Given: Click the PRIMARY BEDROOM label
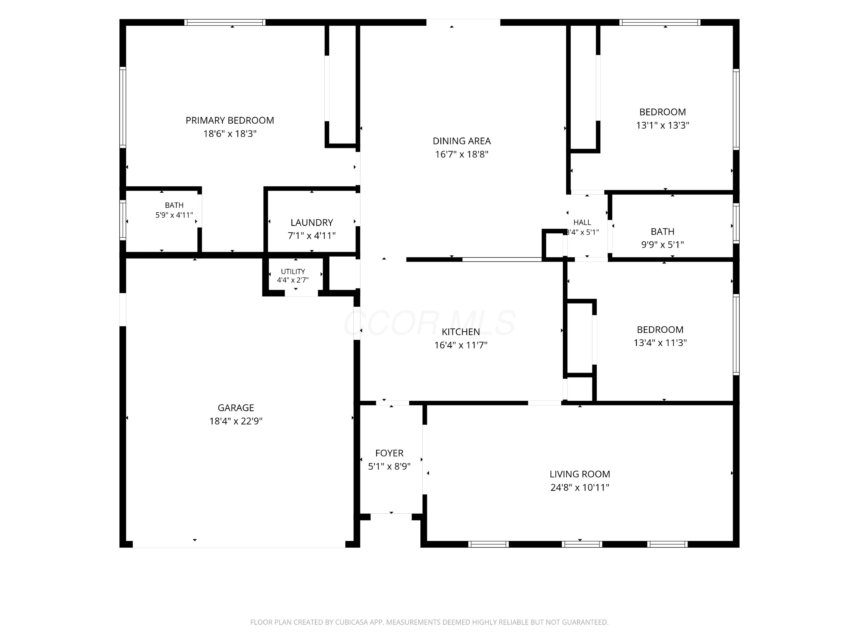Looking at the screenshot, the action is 230,121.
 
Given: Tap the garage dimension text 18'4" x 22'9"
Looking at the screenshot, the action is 236,421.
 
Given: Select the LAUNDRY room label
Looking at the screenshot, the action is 312,222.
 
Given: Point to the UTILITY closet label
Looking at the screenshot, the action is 293,271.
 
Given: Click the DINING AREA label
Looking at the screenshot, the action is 462,141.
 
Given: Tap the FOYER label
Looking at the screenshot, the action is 389,453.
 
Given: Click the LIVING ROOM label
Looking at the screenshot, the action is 580,474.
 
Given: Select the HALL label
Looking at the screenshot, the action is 582,222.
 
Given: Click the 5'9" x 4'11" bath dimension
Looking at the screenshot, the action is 174,215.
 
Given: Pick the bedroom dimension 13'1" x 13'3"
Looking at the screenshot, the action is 663,125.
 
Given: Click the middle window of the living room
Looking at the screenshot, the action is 582,544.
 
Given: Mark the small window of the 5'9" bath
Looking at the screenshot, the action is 123,220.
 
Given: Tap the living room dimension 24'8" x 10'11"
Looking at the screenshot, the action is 580,487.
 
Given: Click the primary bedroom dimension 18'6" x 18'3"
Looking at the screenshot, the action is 230,134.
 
